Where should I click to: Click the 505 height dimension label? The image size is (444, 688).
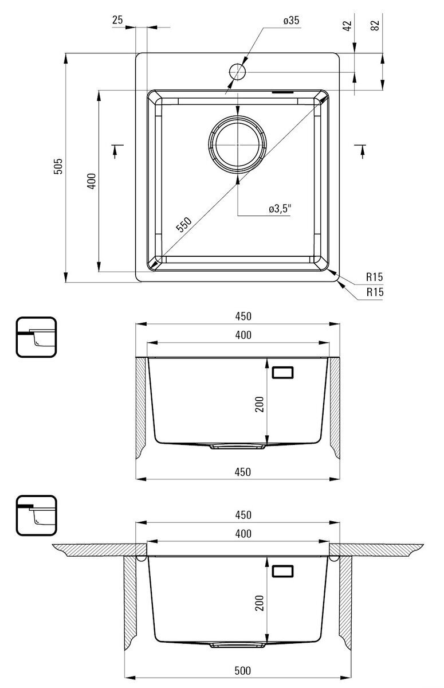point(58,166)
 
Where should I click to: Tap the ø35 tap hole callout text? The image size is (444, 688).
point(291,21)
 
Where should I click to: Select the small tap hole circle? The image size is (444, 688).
point(238,72)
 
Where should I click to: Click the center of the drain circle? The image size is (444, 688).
point(238,144)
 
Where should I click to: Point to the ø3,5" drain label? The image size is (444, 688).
point(280,209)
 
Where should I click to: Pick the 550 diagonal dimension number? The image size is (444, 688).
point(184,224)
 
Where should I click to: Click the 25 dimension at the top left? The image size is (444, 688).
point(117,20)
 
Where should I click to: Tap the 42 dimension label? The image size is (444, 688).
point(347,25)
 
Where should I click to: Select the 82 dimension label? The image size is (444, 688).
point(375,25)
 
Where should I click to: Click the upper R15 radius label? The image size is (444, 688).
point(374,277)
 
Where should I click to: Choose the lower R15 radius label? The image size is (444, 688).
point(375,292)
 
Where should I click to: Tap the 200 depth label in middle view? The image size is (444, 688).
point(260,404)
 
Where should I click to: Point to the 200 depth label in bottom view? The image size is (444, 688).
point(260,603)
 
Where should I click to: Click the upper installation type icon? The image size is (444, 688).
point(36,337)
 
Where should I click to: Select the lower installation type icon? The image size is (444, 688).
point(36,515)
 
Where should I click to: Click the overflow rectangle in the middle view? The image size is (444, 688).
point(283,373)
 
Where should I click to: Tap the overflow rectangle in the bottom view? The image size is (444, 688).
point(283,571)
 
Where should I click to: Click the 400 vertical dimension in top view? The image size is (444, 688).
point(92,181)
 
